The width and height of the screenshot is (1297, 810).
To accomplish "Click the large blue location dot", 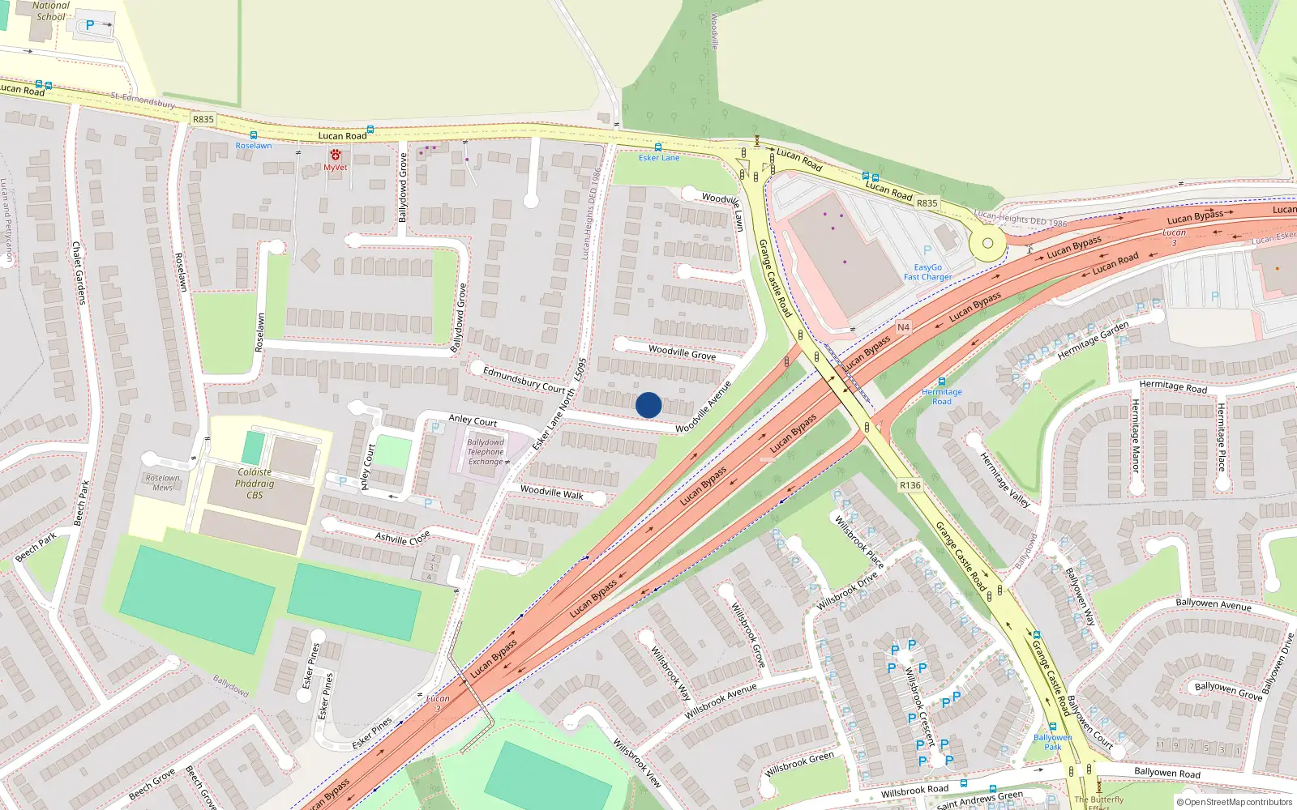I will pyautogui.click(x=648, y=405).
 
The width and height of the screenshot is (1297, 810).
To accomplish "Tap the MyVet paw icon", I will pyautogui.click(x=335, y=155).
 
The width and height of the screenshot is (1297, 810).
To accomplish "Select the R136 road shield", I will pyautogui.click(x=910, y=485).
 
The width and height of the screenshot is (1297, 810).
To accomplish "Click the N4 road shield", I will pyautogui.click(x=903, y=327).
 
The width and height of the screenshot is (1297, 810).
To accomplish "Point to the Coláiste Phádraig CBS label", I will pyautogui.click(x=255, y=484).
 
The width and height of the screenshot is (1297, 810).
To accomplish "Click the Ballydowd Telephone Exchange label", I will pyautogui.click(x=486, y=452).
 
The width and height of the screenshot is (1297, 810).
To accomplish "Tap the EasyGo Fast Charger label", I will pyautogui.click(x=928, y=272).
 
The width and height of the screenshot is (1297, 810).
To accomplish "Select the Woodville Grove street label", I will pyautogui.click(x=682, y=352).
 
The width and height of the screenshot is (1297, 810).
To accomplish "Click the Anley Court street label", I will pyautogui.click(x=473, y=420).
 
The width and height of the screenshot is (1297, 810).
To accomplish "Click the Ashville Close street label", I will pyautogui.click(x=402, y=538).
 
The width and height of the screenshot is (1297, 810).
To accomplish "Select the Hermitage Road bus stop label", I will pyautogui.click(x=942, y=396).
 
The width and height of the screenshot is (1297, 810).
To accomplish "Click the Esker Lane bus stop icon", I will pyautogui.click(x=657, y=147).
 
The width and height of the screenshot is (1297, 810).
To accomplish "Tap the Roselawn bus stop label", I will pyautogui.click(x=254, y=146).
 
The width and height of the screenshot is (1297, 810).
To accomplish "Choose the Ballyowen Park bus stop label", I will pyautogui.click(x=1052, y=742).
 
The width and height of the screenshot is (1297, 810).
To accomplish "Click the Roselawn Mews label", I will pyautogui.click(x=163, y=483).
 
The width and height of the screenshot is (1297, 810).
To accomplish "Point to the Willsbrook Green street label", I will pyautogui.click(x=799, y=764).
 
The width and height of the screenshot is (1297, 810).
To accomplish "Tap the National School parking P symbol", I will pyautogui.click(x=90, y=25).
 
